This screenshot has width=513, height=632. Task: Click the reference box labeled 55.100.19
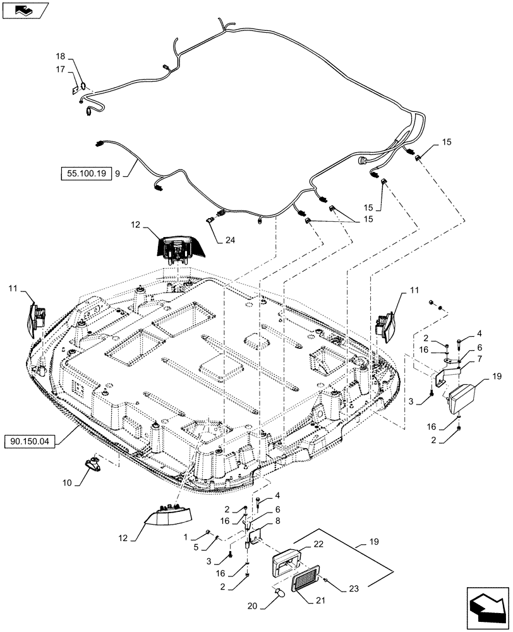point(86,173)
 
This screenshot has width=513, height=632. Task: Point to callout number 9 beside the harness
point(118,173)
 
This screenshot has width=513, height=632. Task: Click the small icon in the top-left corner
point(25,9)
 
